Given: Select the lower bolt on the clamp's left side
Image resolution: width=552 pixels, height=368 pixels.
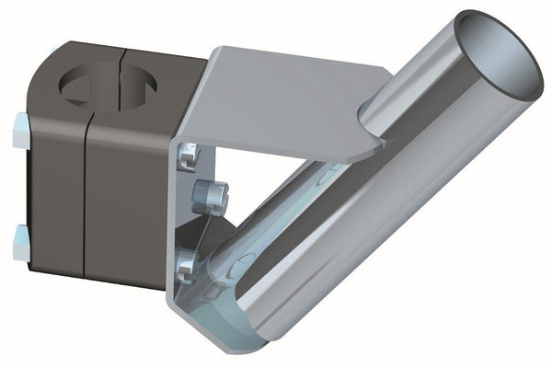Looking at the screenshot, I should [x=21, y=241].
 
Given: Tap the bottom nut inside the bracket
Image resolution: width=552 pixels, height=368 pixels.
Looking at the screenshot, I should [x=187, y=266].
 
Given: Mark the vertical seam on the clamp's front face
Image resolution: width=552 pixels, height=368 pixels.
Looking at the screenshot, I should [x=86, y=202].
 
